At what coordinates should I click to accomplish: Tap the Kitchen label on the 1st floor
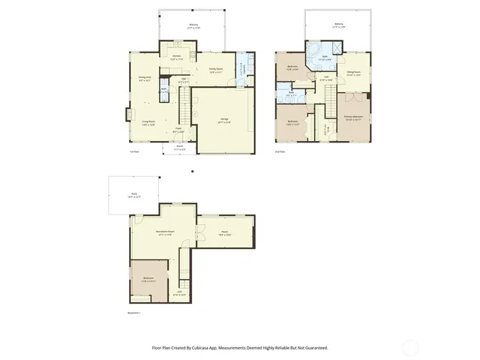click(x=177, y=56)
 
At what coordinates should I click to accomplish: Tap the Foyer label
click(x=179, y=129)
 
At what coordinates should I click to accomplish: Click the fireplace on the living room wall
click(x=127, y=115)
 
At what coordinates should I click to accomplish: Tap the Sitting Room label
click(x=354, y=73)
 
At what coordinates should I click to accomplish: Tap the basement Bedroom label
click(x=148, y=278)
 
